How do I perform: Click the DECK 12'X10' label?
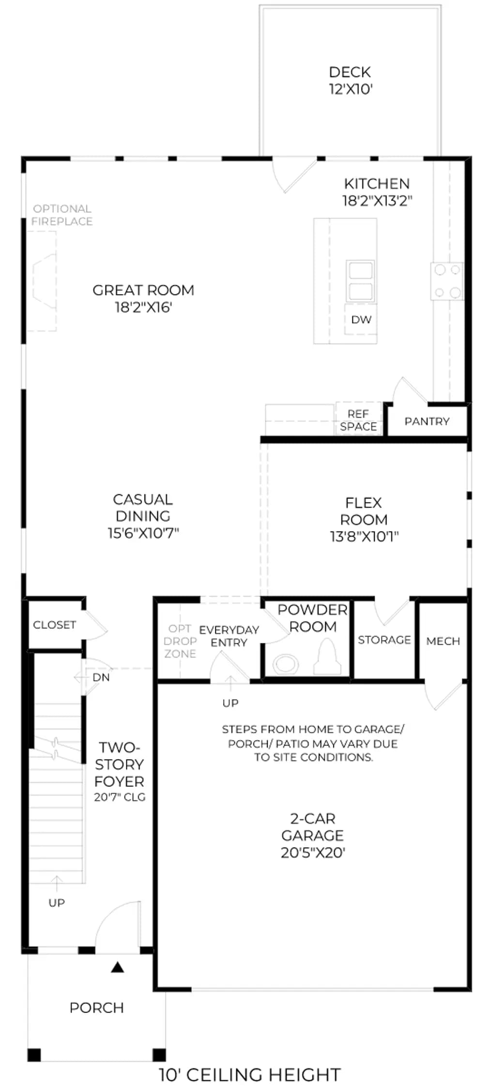[350, 80]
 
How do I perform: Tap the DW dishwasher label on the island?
[361, 319]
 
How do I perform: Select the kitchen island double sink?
[361, 281]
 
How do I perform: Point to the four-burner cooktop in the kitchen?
[447, 281]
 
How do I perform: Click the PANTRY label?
[427, 421]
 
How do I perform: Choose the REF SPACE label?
[358, 420]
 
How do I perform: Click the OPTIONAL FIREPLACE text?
[62, 215]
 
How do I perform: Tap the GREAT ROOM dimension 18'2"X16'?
[143, 307]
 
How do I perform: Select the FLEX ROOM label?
[364, 511]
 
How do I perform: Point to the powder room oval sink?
[285, 665]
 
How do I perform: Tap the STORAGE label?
[384, 640]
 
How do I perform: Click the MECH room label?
[443, 641]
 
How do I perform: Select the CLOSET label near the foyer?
[54, 625]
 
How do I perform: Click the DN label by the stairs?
[101, 677]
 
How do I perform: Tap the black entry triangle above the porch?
[118, 967]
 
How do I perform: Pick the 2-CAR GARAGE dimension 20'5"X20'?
[313, 852]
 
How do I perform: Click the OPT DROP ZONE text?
[180, 641]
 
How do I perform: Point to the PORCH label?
[97, 1008]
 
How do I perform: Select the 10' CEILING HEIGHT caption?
[250, 1074]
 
